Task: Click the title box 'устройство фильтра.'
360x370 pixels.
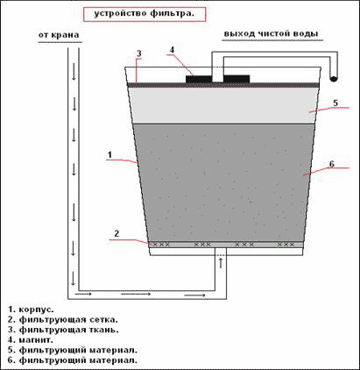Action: [145, 14]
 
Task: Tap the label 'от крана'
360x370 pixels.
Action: [59, 35]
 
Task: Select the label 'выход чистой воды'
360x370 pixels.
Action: [271, 33]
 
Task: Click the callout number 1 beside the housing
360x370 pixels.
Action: [109, 154]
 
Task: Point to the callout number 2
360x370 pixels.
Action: [116, 233]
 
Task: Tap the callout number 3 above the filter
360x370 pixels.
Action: [139, 53]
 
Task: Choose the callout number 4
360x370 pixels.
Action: [172, 50]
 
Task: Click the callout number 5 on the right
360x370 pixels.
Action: [335, 103]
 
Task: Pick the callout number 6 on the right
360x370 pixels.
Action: [332, 164]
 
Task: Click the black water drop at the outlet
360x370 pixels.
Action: [333, 78]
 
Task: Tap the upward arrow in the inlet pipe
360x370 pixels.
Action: [221, 262]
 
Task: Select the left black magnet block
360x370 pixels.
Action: [199, 79]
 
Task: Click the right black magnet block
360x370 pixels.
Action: [236, 79]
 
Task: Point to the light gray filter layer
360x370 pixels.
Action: [223, 105]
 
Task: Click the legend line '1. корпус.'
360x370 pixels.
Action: [32, 310]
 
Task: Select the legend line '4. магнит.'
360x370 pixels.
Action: [31, 340]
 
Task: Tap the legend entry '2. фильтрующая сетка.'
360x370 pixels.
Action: [63, 320]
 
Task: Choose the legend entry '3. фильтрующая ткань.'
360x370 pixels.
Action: [63, 330]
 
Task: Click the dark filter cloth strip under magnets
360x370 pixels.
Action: [223, 85]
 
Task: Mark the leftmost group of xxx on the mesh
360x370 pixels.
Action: [161, 245]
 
